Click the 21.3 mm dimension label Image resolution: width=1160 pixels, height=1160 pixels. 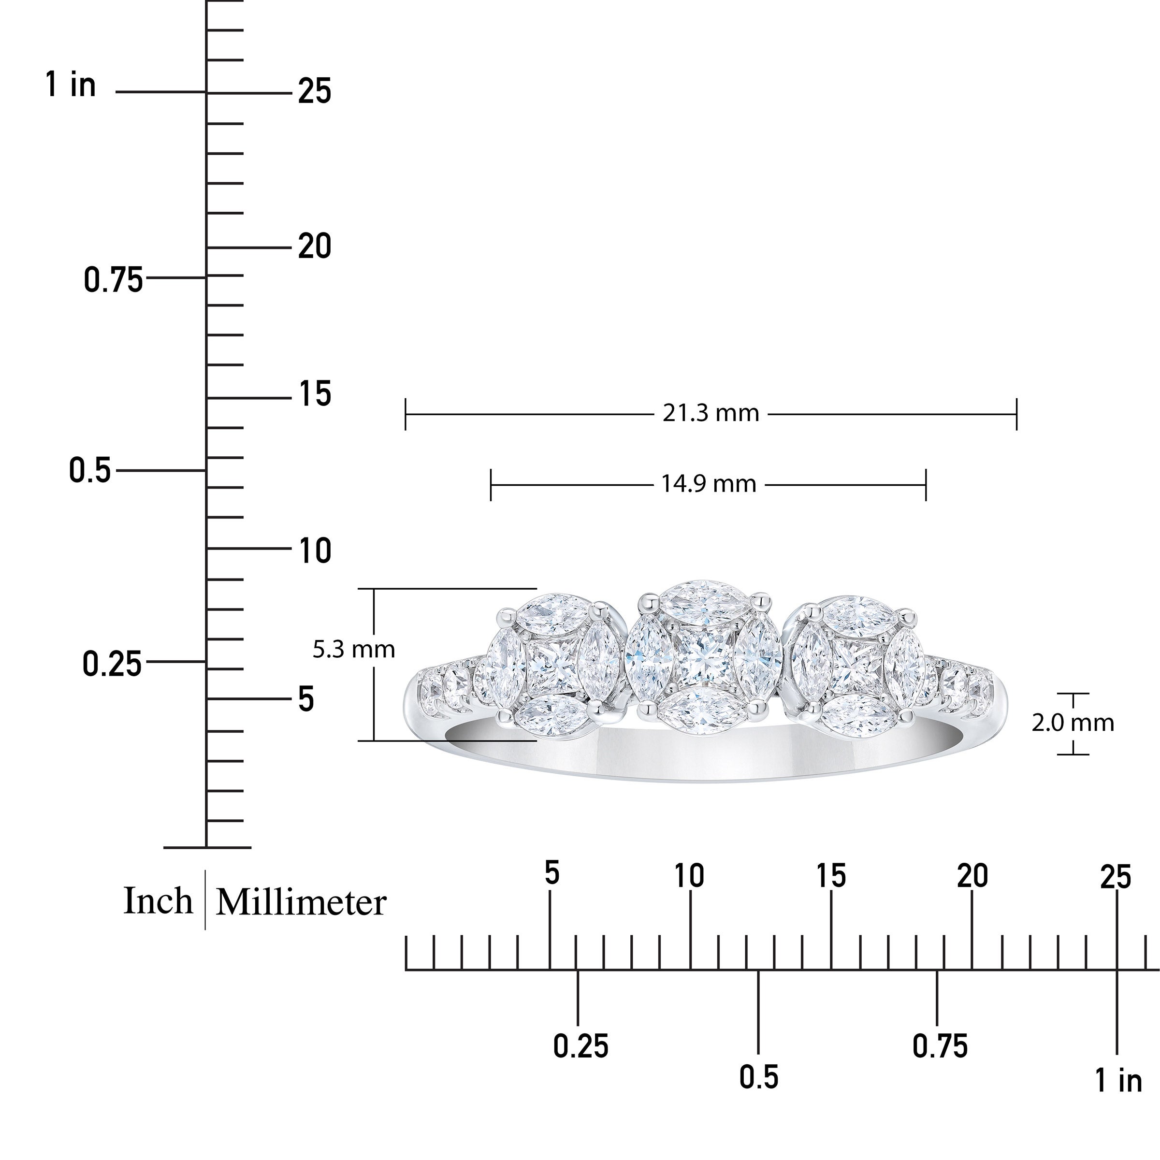coord(711,413)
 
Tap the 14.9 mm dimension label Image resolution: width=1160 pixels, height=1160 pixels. coord(709,483)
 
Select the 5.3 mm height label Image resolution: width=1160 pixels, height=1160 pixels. coord(354,649)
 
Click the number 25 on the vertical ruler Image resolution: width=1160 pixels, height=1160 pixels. coord(315,92)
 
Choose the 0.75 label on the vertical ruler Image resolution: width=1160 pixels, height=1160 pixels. coord(114,280)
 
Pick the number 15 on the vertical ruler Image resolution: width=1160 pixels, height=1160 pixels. coord(315,394)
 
